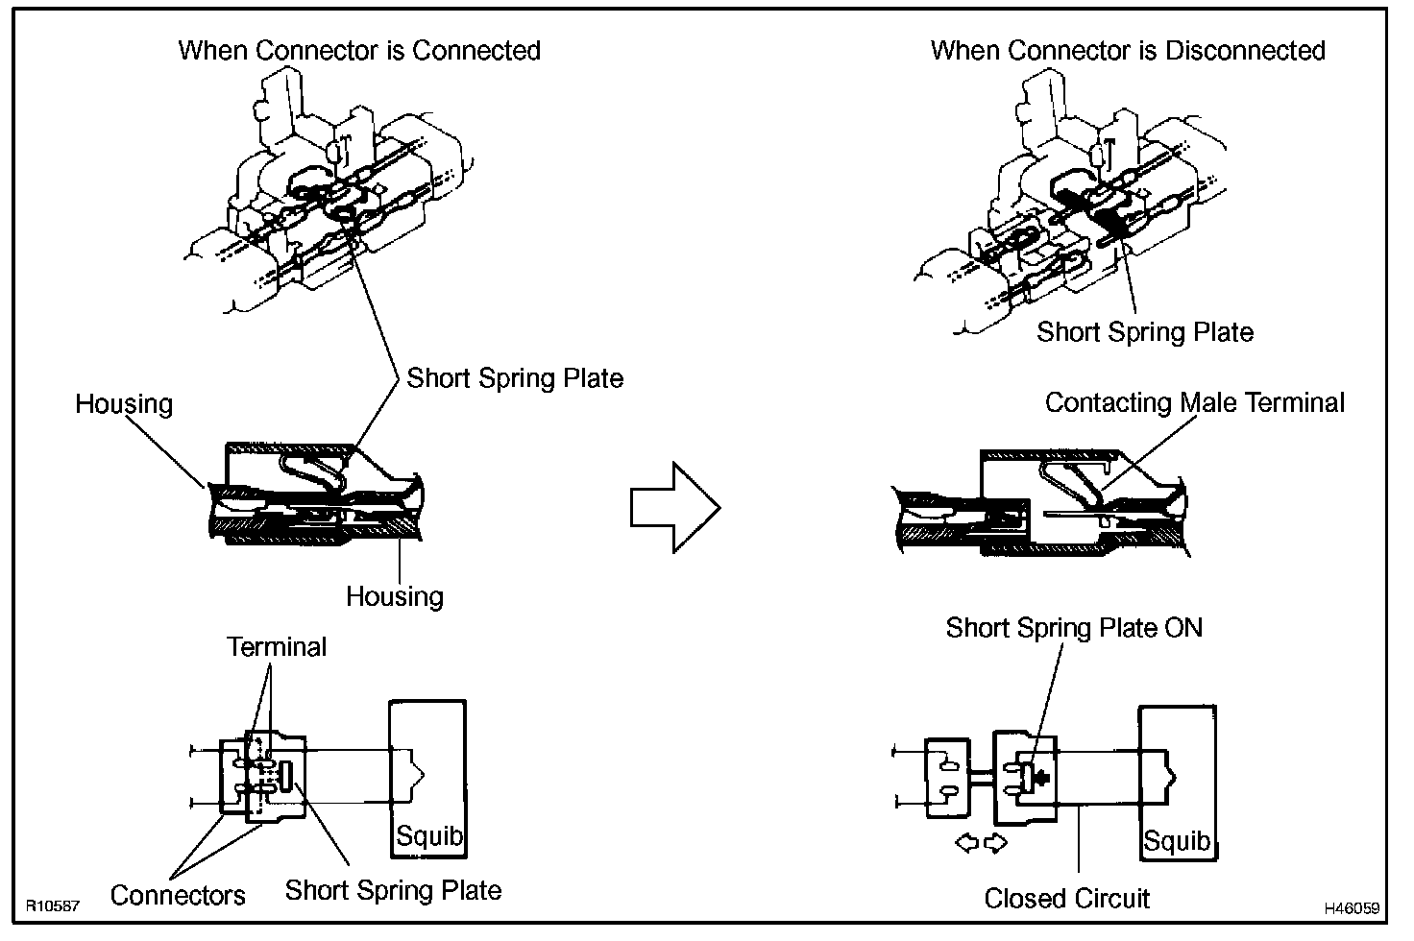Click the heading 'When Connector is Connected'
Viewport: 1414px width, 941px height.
pyautogui.click(x=359, y=51)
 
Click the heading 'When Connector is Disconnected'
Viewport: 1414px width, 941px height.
pyautogui.click(x=1128, y=51)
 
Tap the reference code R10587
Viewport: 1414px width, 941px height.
pyautogui.click(x=52, y=905)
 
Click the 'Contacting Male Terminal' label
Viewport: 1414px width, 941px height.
pyautogui.click(x=1194, y=402)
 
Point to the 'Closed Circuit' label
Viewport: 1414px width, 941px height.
pyautogui.click(x=1066, y=899)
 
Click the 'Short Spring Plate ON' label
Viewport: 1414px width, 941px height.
pyautogui.click(x=1073, y=628)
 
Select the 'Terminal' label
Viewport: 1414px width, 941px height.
pyautogui.click(x=277, y=647)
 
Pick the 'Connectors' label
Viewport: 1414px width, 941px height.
pyautogui.click(x=178, y=896)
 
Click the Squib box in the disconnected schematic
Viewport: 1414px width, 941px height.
pyautogui.click(x=1177, y=783)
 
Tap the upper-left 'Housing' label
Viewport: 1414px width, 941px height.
pyautogui.click(x=124, y=403)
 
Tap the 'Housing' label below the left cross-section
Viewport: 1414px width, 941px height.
pyautogui.click(x=394, y=596)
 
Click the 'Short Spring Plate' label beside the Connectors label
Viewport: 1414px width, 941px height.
pyautogui.click(x=393, y=890)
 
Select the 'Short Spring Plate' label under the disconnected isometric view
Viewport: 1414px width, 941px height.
pyautogui.click(x=1145, y=332)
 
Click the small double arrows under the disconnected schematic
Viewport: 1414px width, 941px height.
pyautogui.click(x=982, y=843)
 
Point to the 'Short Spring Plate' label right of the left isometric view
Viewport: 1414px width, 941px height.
pyautogui.click(x=515, y=378)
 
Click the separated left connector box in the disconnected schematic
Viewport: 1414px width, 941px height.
pyautogui.click(x=947, y=778)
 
